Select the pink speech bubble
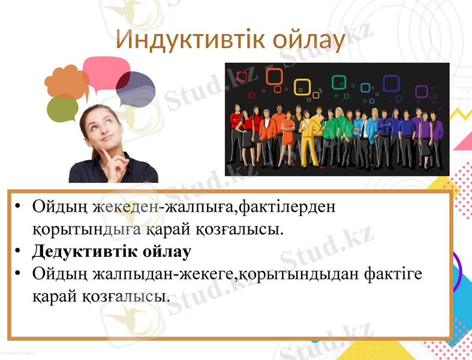pyautogui.click(x=106, y=71)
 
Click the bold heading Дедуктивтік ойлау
pyautogui.click(x=112, y=251)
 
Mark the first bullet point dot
pyautogui.click(x=19, y=208)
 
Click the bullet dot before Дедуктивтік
pyautogui.click(x=19, y=251)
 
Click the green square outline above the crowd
pyautogui.click(x=339, y=83)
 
